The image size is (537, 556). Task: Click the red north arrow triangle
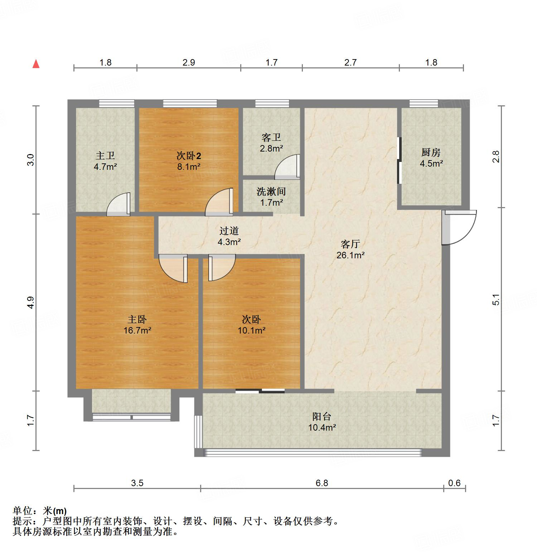(36, 64)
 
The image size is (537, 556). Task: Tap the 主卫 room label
(106, 155)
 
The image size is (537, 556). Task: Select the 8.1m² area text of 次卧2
(189, 167)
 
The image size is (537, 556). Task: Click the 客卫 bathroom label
(271, 137)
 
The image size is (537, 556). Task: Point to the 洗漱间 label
(271, 192)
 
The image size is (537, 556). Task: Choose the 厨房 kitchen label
(431, 153)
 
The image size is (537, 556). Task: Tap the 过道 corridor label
(229, 231)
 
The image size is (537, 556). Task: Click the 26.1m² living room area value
(350, 255)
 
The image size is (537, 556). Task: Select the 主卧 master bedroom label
(137, 319)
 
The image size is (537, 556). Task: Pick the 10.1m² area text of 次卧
(252, 330)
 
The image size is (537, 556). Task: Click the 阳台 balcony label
(322, 416)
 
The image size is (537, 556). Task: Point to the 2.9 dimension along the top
(189, 63)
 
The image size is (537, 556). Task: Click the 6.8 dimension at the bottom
(322, 483)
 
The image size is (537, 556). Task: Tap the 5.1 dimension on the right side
(496, 299)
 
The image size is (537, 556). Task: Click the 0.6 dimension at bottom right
(454, 483)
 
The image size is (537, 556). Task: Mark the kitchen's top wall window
(424, 103)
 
